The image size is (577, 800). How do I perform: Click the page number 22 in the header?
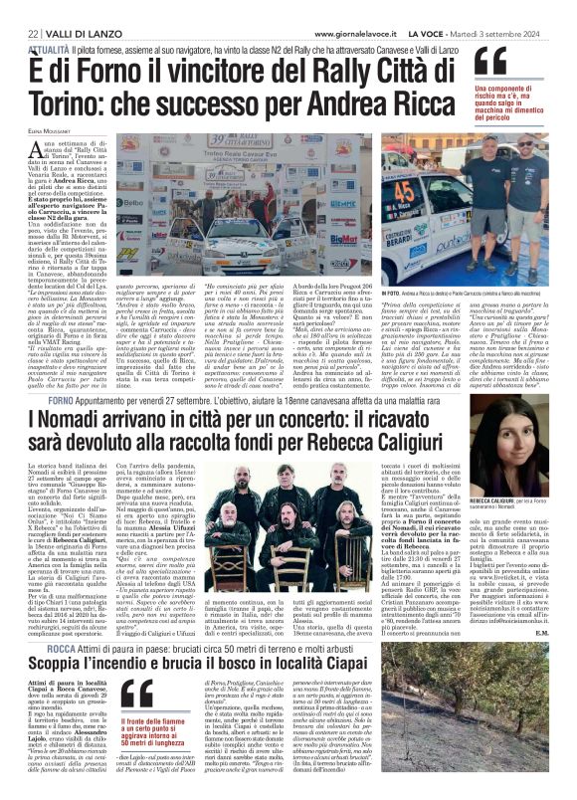click(19, 8)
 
